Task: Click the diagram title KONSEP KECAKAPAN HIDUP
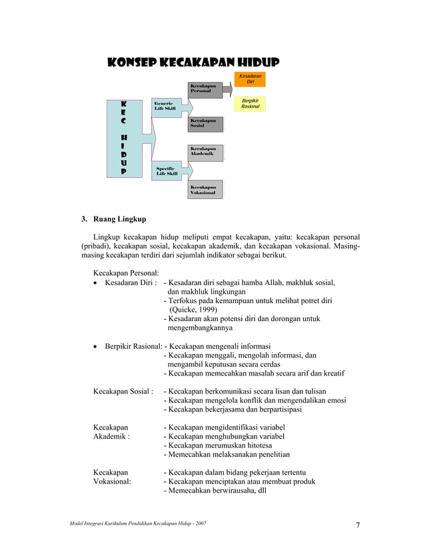(193, 63)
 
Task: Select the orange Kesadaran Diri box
(250, 79)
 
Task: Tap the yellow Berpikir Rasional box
(250, 103)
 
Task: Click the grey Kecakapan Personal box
(205, 89)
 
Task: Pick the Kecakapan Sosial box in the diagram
(205, 123)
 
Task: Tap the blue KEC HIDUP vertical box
(125, 138)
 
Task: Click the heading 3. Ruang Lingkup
(113, 218)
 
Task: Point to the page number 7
(358, 525)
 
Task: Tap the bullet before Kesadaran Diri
(97, 282)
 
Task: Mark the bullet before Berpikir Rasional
(97, 346)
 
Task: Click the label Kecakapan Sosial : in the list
(123, 391)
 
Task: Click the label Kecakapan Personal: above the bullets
(126, 272)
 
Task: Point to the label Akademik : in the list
(111, 436)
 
